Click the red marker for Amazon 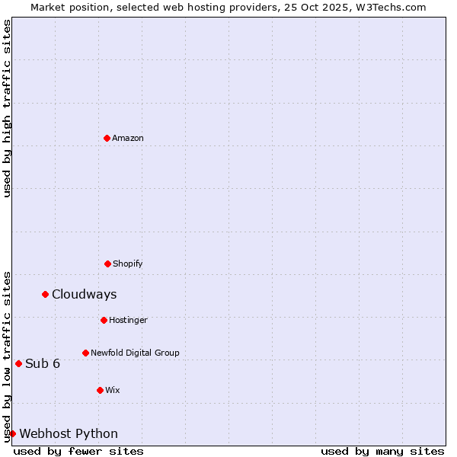tap(107, 138)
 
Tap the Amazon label tap(128, 138)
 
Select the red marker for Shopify tap(107, 264)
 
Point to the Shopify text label tap(128, 264)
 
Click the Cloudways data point tap(45, 294)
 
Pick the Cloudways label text tap(84, 294)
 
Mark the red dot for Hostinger tap(104, 320)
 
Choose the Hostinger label tap(128, 320)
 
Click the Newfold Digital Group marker tap(85, 353)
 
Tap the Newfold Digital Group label tap(135, 353)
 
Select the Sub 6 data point tap(18, 363)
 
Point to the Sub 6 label tap(43, 363)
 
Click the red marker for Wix tap(100, 390)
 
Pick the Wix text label tap(113, 390)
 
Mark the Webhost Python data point tap(12, 433)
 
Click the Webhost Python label tap(69, 433)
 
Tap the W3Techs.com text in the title tap(394, 7)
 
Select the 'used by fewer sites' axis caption tap(78, 451)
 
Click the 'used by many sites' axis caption tap(382, 451)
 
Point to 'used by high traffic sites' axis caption tap(7, 108)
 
